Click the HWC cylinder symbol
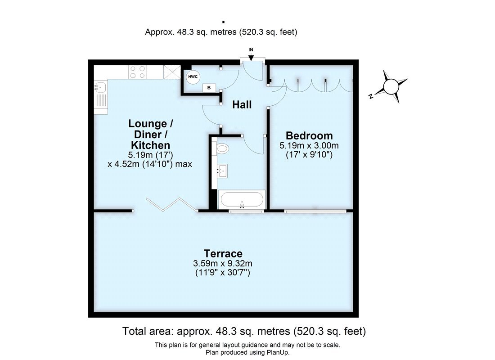tap(193, 77)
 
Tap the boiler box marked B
tap(208, 88)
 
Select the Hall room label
tap(242, 105)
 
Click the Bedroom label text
tap(309, 135)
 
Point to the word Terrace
tap(223, 253)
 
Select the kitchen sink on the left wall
tap(100, 94)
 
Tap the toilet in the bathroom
tap(222, 148)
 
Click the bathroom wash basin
tap(222, 170)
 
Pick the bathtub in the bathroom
tap(242, 199)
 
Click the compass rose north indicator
tap(391, 85)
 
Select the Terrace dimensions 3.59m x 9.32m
tap(223, 263)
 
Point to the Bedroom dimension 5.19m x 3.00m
tap(309, 146)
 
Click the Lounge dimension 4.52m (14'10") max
tap(150, 164)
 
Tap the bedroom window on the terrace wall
tap(315, 210)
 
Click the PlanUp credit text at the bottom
tap(247, 352)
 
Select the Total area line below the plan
tap(244, 332)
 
